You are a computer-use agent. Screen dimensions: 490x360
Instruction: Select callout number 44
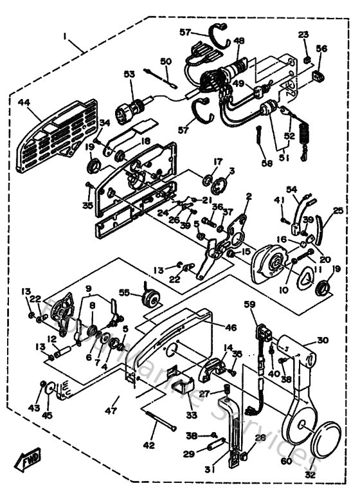point(24,103)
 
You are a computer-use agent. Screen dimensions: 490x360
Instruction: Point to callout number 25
point(338,210)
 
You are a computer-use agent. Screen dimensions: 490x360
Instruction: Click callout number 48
point(239,41)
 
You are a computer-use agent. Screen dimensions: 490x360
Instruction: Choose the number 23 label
point(304,35)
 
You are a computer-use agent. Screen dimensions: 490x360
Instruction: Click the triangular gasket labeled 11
point(307,277)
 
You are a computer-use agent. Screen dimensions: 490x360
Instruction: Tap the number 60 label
point(286,461)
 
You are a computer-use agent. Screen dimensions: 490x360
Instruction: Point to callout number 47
point(111,409)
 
